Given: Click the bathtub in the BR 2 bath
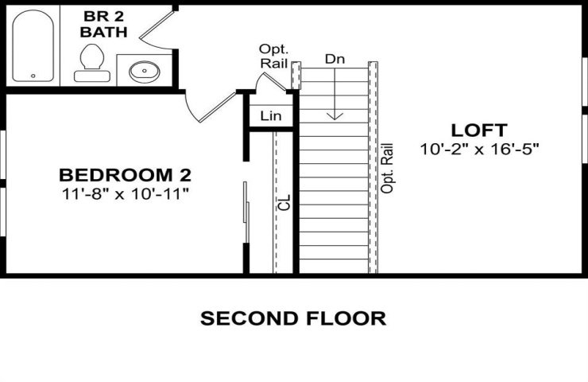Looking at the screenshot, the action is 33,45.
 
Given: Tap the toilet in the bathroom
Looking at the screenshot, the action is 92,63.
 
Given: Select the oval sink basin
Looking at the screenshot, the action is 145,72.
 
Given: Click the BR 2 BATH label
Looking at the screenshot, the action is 103,25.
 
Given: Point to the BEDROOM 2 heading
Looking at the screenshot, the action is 125,175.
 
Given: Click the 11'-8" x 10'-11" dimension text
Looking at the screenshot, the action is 125,194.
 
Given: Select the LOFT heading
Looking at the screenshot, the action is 479,131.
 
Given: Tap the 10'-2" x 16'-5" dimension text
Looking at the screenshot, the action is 479,149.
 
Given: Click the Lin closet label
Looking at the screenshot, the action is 271,115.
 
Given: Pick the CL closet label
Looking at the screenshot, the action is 285,202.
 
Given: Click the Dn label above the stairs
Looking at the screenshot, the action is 335,59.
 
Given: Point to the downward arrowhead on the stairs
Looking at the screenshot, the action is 335,115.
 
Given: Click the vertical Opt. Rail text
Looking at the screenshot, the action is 387,168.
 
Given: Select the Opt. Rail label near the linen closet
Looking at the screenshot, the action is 274,57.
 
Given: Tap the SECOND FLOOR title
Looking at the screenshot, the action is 293,318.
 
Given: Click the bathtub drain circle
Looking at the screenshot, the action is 33,76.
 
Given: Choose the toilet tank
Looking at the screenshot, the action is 92,76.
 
